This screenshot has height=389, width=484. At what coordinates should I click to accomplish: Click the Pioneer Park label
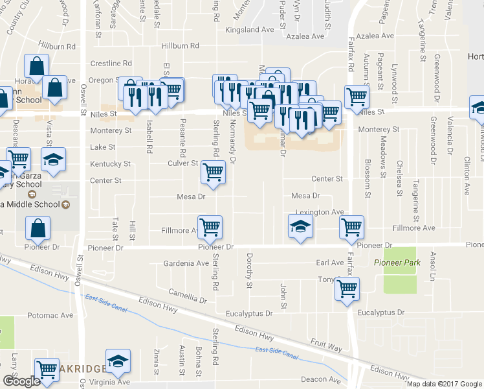(x=397, y=263)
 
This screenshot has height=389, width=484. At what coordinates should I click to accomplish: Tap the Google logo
(x=21, y=381)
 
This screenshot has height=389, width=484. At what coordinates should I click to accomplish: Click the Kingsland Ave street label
(x=249, y=30)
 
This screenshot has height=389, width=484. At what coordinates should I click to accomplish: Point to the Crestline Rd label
(x=111, y=64)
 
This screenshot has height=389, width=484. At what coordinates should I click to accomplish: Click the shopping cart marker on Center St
(x=213, y=172)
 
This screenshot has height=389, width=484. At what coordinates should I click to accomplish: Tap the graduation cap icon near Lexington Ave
(x=300, y=228)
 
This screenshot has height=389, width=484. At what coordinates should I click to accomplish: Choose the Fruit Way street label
(x=325, y=348)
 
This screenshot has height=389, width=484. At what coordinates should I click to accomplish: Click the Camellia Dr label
(x=188, y=296)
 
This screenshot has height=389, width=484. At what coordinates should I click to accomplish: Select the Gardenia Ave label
(x=186, y=263)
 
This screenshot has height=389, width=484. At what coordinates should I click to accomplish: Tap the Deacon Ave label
(x=325, y=380)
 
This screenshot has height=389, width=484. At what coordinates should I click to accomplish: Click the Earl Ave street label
(x=329, y=263)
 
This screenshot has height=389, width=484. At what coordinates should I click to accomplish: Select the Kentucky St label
(x=111, y=164)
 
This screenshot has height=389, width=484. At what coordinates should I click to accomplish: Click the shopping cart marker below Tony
(x=347, y=289)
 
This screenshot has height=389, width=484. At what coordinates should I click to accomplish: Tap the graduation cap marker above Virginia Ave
(x=118, y=362)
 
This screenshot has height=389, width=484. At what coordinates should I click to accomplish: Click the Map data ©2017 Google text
(x=444, y=384)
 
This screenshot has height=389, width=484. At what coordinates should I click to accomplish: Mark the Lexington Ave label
(x=320, y=212)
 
